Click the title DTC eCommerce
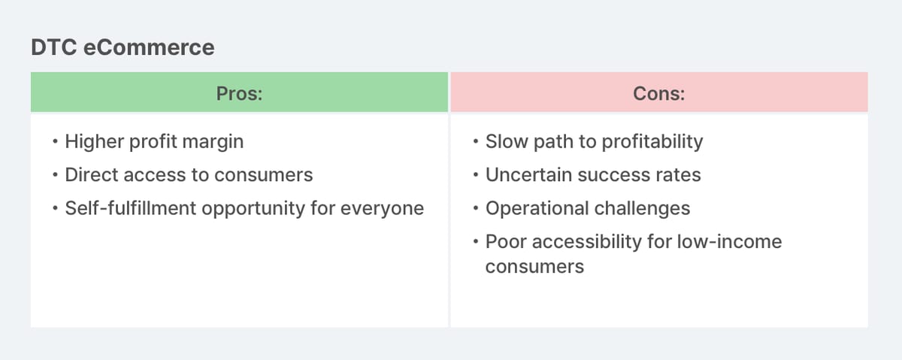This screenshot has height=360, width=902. pos(123,48)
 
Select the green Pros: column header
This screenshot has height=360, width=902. pos(239,93)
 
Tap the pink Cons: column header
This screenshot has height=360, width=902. pos(658,93)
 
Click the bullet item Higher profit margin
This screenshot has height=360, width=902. pos(154,141)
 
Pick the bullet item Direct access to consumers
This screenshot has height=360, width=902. pos(189,175)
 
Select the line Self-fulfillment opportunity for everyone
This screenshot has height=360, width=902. pos(244,208)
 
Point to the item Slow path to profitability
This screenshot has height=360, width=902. pos(594,141)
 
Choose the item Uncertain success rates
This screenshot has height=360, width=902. pos(593,175)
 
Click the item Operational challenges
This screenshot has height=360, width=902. pos(588,208)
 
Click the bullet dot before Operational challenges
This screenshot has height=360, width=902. pos(477,209)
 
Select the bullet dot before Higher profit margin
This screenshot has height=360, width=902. pos(56,142)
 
